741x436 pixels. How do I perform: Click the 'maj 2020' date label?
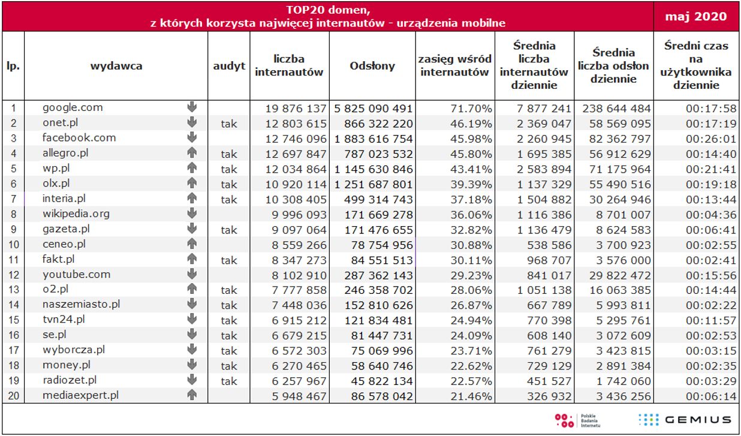coord(697,16)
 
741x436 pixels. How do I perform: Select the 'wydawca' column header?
coord(116,66)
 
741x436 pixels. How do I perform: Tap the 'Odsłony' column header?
coord(372,66)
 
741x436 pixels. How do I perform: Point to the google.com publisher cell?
coord(73,108)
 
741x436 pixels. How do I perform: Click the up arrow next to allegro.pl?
coord(192,153)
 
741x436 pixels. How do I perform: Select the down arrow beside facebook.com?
coord(192,138)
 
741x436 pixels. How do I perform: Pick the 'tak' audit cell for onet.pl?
coord(229,124)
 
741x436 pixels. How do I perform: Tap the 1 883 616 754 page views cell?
coord(372,139)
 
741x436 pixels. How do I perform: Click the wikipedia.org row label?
coord(76,213)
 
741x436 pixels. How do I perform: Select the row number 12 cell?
coord(13,274)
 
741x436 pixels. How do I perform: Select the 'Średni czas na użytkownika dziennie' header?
coord(696,66)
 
